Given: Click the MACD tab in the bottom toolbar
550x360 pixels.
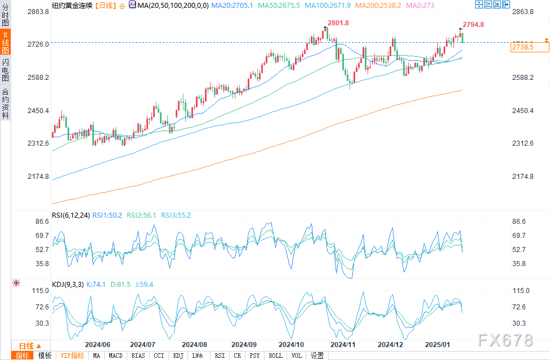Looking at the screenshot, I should click(115, 355).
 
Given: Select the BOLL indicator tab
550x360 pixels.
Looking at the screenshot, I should click(276, 355).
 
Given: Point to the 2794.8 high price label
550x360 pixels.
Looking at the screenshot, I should click(473, 25).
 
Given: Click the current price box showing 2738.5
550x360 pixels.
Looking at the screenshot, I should click(522, 48).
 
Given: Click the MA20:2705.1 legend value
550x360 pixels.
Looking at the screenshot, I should click(231, 5).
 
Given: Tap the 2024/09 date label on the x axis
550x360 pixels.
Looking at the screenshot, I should click(244, 344).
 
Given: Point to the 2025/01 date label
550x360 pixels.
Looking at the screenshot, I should click(437, 344).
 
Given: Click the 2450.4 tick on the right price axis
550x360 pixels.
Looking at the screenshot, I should click(524, 110).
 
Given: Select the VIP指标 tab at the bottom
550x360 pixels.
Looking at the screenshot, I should click(72, 355).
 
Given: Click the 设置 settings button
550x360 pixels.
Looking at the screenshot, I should click(318, 355).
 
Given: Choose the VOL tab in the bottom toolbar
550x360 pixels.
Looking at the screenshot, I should click(296, 355).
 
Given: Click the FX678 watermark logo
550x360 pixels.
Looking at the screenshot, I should click(506, 340).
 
